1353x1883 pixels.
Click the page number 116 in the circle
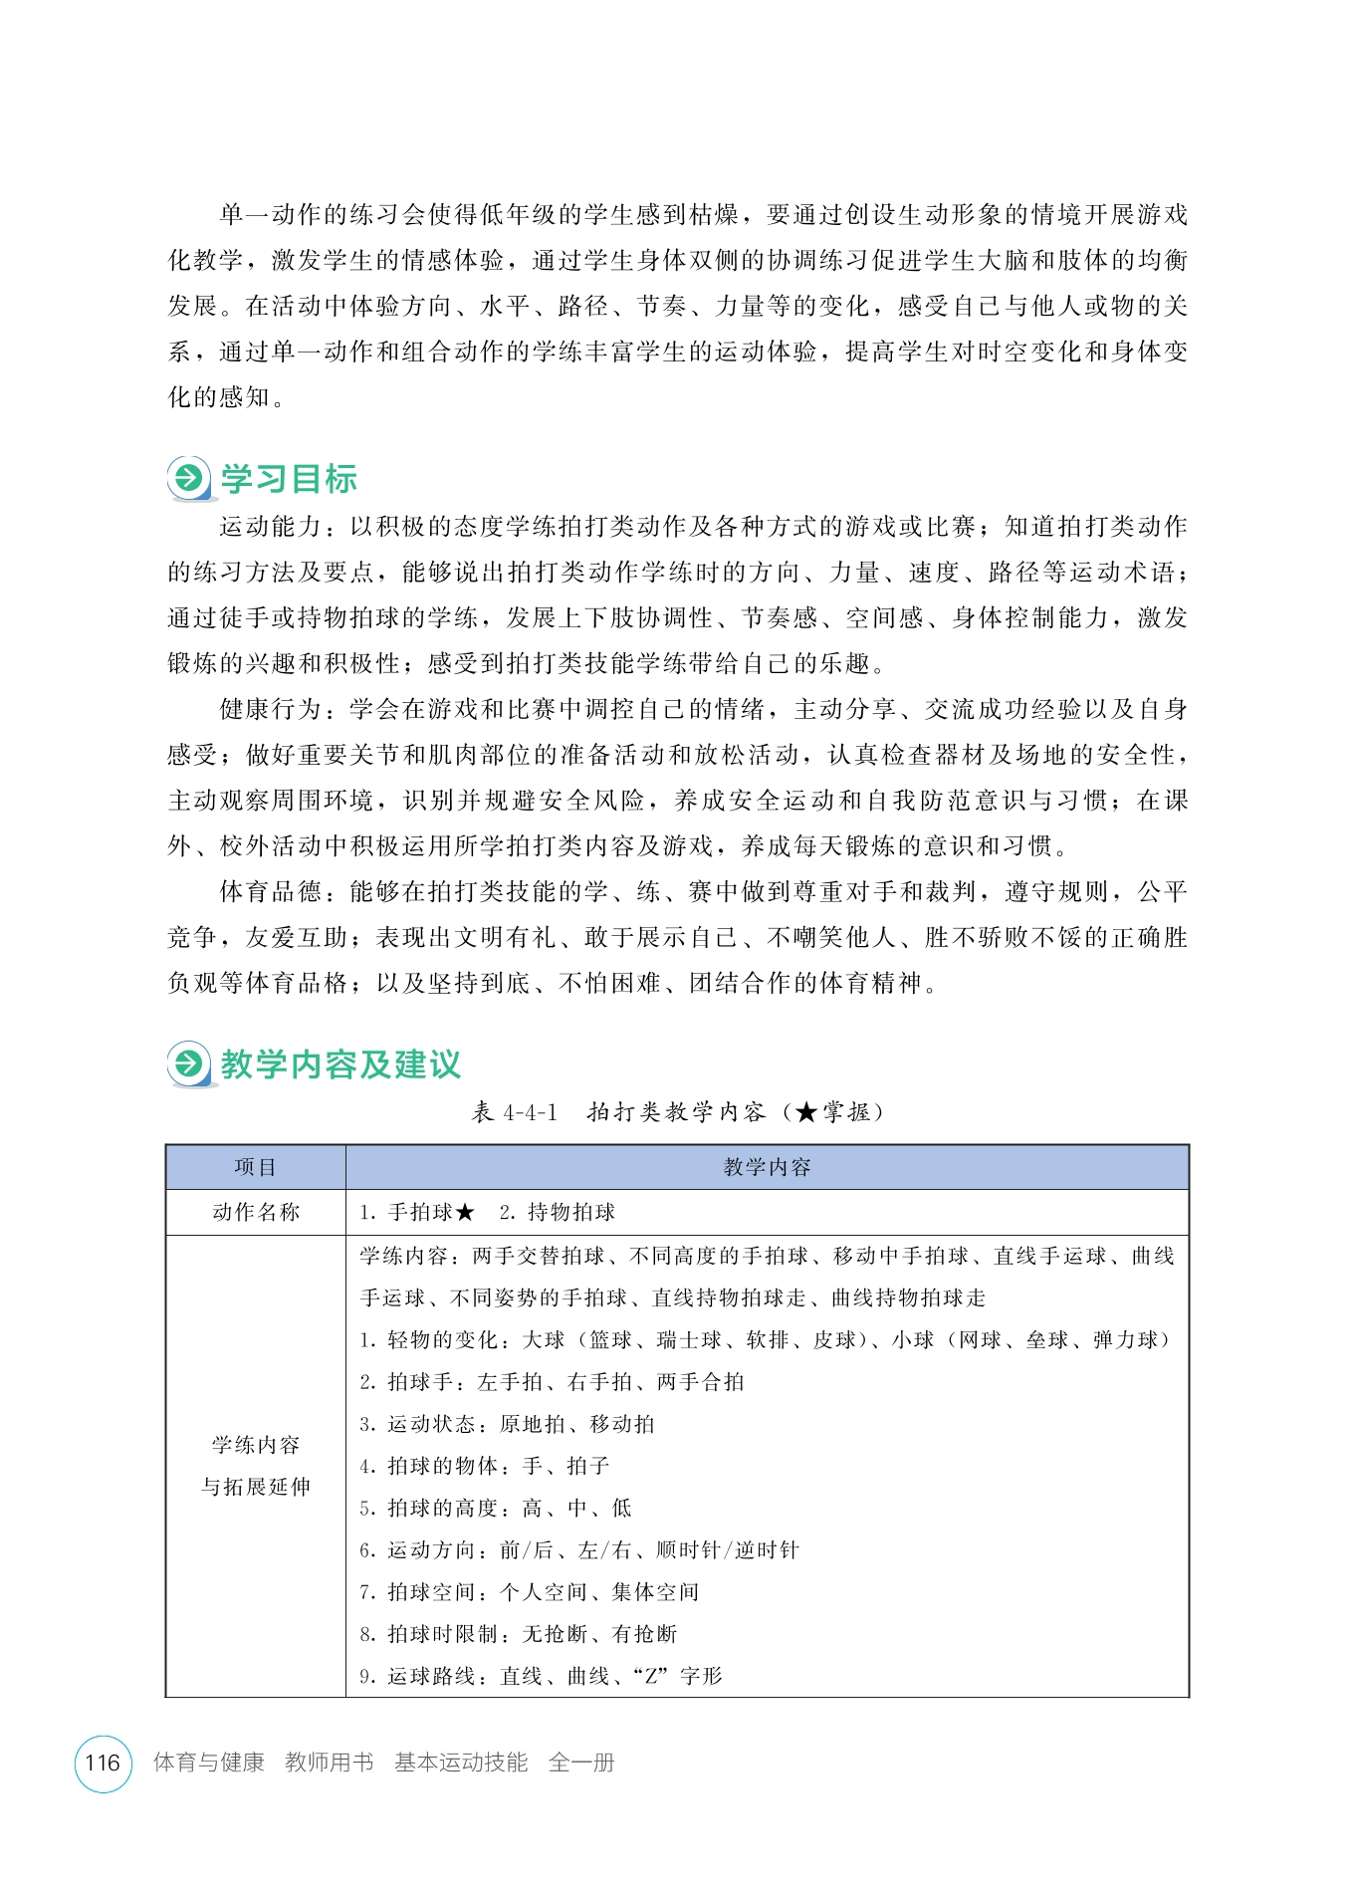[103, 1763]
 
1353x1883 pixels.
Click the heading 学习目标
[289, 479]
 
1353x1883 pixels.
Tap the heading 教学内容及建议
[340, 1064]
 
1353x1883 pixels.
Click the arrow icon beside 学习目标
[188, 479]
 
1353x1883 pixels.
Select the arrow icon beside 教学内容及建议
[188, 1064]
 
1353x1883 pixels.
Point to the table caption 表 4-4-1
[515, 1112]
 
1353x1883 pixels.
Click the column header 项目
[255, 1167]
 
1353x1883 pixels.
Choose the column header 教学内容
[767, 1167]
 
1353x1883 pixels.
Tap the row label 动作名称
[255, 1212]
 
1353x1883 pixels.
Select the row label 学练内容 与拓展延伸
[255, 1466]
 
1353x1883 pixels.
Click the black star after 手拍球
[466, 1212]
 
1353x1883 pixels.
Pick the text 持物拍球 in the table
[570, 1212]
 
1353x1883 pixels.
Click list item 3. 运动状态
[507, 1424]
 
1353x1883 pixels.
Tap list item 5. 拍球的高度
[495, 1508]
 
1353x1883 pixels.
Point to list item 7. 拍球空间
[529, 1592]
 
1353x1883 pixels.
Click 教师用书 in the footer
[329, 1763]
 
